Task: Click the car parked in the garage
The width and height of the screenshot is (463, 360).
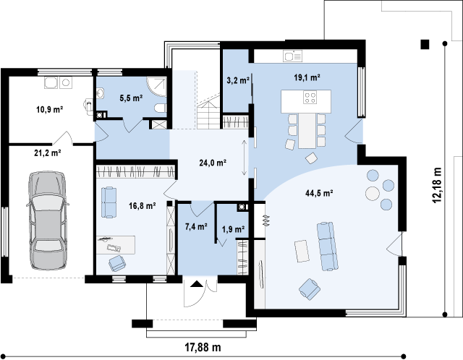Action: pos(47,220)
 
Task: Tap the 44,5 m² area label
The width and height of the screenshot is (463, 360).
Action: pos(319,193)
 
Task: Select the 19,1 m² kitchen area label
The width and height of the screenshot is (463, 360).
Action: pos(307,77)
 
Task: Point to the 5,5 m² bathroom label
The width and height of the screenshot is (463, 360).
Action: pos(131,98)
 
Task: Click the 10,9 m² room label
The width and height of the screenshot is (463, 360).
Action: pos(50,110)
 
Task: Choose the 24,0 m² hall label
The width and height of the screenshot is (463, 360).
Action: pos(213,163)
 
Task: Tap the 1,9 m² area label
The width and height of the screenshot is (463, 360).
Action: pos(233,229)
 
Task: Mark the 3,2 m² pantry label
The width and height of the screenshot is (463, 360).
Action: pos(238,80)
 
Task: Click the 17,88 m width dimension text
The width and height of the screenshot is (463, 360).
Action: pos(203,347)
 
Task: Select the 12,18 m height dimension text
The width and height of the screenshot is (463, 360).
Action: pos(437,185)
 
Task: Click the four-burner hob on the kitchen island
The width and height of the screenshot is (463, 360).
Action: pos(310,98)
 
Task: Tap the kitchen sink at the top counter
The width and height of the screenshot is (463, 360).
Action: pos(292,56)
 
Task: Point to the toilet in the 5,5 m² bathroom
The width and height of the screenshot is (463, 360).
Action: pos(161,108)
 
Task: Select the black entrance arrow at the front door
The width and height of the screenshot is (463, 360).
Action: pos(197,284)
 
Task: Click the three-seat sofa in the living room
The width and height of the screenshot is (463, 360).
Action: pos(327,246)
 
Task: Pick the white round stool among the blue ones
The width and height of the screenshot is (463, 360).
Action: pos(372,194)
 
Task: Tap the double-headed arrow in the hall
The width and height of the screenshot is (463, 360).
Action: pos(245,158)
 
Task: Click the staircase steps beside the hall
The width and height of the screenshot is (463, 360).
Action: pos(208,114)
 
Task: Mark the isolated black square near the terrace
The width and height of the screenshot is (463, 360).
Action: pos(425,44)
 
